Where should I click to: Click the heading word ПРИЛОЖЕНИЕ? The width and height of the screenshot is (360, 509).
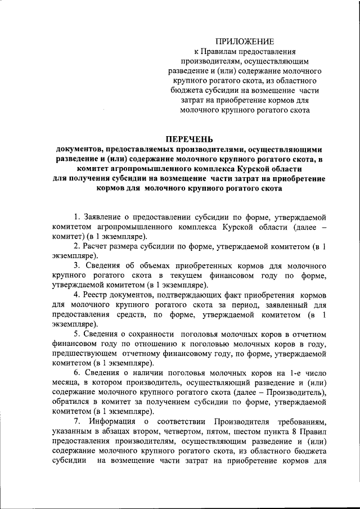click(245, 41)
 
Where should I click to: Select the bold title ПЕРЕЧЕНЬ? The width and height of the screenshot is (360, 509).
click(190, 139)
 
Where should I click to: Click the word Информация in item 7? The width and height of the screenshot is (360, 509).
click(112, 422)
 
